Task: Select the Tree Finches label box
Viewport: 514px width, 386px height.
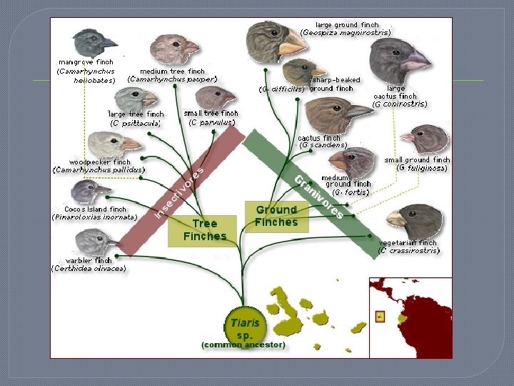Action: coord(204,230)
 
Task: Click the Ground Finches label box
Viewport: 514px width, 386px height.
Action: coord(276,215)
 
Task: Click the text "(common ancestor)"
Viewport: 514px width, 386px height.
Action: coord(243,345)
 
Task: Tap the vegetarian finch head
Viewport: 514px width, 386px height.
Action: coord(415,219)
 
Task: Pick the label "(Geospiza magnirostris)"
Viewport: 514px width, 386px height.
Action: coord(346,32)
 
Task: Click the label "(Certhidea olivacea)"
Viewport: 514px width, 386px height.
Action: coord(89,269)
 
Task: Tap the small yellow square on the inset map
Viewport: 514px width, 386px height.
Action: coord(380,315)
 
